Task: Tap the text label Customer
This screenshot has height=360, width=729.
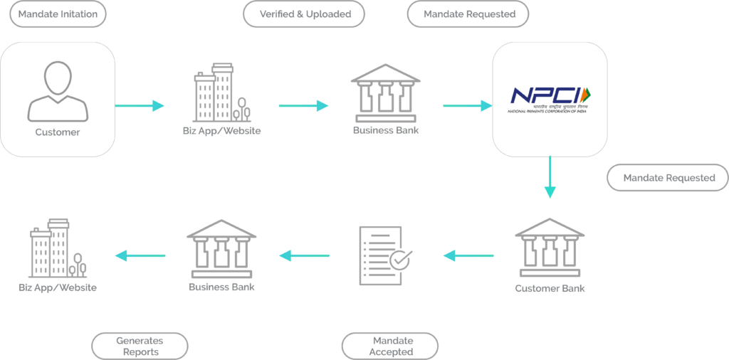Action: [58, 132]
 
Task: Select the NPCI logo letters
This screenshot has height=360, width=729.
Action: [544, 95]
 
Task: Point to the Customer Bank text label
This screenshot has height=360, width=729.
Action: [550, 288]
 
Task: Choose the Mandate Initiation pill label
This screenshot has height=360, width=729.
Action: [58, 14]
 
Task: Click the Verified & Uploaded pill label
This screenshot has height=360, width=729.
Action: [304, 14]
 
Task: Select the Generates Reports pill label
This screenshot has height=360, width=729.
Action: [140, 346]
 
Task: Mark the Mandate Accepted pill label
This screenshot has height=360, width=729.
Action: [390, 346]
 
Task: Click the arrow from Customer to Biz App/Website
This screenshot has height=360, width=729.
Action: [140, 106]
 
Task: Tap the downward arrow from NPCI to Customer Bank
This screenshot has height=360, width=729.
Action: [550, 177]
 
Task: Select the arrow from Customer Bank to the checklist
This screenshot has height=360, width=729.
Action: [468, 255]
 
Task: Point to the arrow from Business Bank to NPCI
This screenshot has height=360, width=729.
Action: [468, 106]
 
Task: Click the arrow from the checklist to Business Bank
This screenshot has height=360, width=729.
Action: [304, 255]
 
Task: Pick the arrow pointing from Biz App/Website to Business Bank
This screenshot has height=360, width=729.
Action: [304, 106]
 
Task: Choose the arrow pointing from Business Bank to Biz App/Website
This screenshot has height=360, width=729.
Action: [140, 255]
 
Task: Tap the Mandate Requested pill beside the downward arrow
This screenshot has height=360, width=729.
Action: [667, 177]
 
